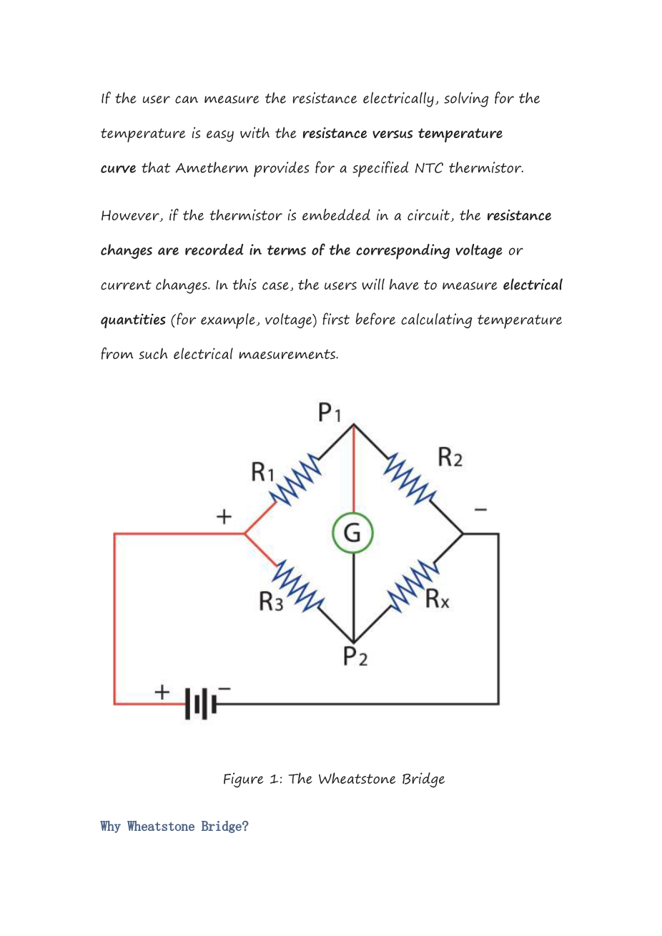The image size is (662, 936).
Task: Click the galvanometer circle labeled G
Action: [353, 533]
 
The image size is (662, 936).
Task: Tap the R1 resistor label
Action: [263, 472]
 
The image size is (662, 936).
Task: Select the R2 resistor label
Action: [450, 456]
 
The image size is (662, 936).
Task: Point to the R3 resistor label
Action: [271, 602]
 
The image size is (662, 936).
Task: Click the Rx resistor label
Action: [438, 598]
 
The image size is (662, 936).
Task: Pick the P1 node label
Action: [330, 413]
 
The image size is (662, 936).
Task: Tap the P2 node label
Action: [355, 656]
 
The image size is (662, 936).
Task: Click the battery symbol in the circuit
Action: [201, 704]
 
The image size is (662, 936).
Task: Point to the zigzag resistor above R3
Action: [297, 585]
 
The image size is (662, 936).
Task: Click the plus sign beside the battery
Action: [163, 691]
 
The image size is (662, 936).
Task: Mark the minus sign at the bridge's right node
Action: [480, 510]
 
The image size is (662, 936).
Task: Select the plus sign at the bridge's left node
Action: [224, 516]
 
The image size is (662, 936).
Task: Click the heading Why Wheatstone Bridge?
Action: [174, 827]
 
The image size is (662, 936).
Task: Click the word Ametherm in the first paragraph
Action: [212, 168]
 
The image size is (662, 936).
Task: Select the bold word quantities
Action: [133, 320]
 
